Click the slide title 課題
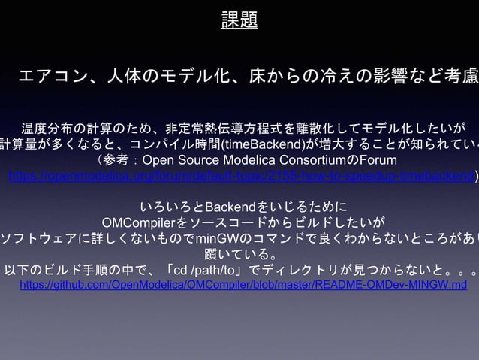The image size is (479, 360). [239, 20]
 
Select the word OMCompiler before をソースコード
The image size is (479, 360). [137, 222]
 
